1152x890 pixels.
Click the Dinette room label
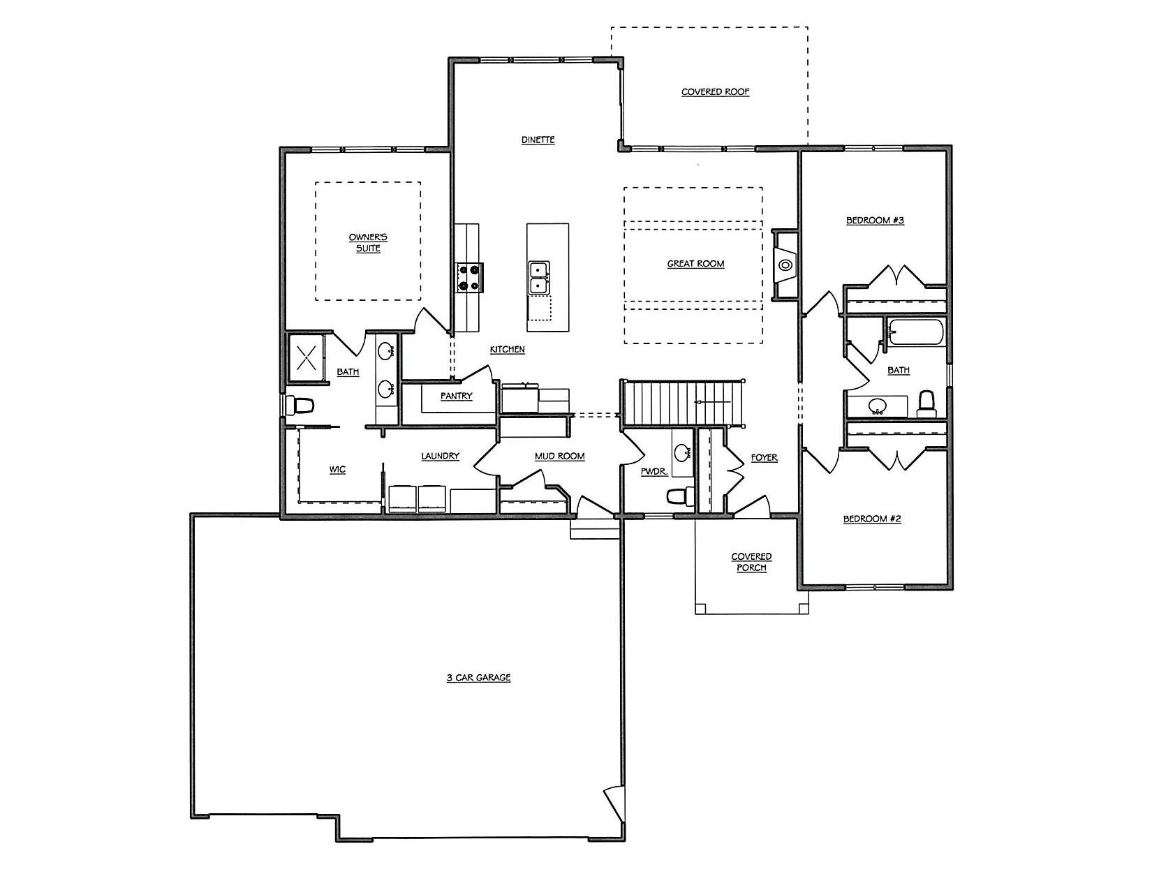coord(538,140)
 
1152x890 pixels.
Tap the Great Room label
coord(695,263)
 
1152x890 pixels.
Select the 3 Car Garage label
coord(478,677)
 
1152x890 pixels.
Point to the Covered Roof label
coord(715,91)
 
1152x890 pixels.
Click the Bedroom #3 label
coord(875,220)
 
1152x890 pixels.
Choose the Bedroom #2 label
coord(872,519)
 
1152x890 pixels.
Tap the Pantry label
coord(456,396)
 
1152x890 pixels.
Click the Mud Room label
coord(559,456)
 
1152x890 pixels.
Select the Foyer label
coord(764,457)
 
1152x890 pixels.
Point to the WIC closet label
coord(337,470)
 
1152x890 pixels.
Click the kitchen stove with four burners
coord(469,278)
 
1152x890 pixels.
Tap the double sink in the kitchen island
coord(540,278)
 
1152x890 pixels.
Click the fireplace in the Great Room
coord(785,265)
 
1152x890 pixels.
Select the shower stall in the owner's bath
coord(306,357)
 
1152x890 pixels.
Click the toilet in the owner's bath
coord(300,406)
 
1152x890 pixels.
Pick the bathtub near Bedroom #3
coord(916,332)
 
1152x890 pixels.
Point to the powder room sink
coord(682,453)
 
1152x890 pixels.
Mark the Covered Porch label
coord(751,562)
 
